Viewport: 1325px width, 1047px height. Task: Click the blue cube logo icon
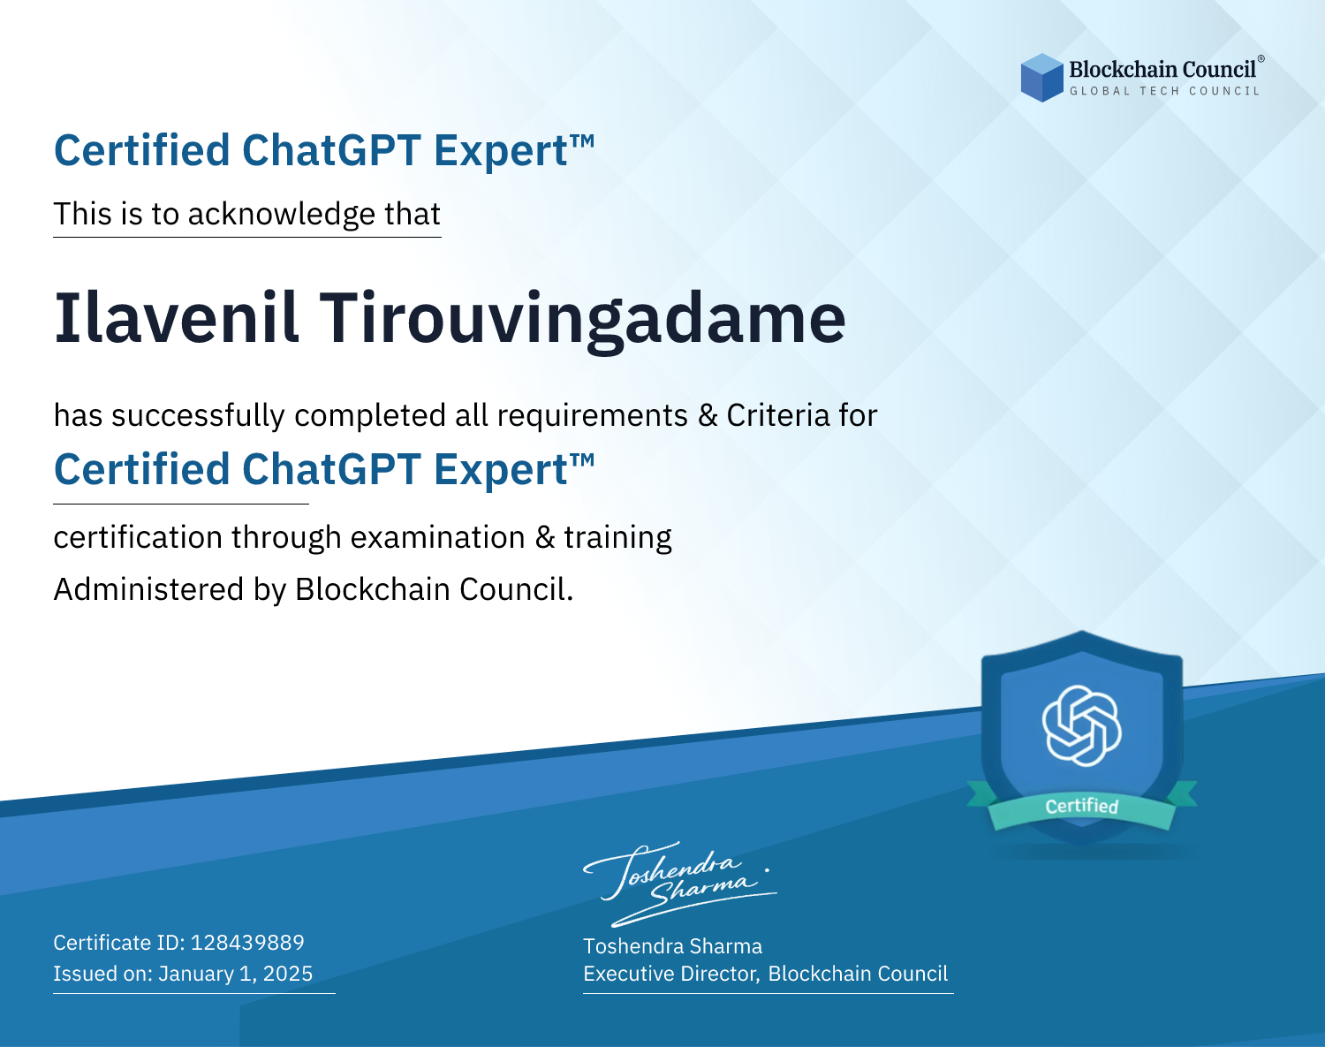1041,78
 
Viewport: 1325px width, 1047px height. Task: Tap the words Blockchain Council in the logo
1162,70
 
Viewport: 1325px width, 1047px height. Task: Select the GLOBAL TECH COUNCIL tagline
1165,91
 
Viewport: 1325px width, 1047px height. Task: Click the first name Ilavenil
177,318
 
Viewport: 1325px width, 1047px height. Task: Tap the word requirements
593,416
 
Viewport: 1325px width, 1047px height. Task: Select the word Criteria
777,415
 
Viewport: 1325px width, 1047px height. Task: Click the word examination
438,537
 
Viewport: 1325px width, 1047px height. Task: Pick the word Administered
149,589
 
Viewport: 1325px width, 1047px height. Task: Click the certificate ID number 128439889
247,942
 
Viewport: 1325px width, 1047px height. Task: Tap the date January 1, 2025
235,974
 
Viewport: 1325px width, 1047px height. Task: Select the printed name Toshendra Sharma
672,946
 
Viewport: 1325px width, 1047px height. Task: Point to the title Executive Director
670,974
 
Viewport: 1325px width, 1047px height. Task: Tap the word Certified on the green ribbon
1082,806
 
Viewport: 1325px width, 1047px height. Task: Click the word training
617,538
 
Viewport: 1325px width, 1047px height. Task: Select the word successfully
198,416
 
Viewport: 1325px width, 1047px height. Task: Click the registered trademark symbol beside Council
1261,58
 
